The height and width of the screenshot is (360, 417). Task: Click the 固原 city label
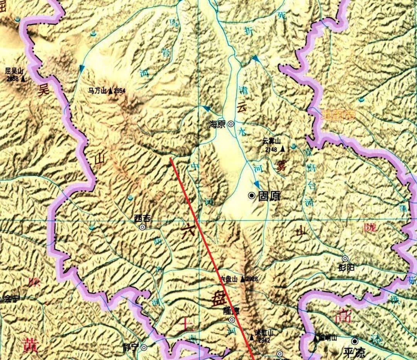[269, 196]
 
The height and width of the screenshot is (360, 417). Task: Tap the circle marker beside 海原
[231, 124]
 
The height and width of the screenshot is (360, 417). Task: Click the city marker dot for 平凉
[354, 341]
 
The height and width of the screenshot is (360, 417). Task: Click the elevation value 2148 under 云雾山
[270, 149]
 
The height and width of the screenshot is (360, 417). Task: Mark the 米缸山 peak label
[264, 333]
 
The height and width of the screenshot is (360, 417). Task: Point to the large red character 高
[344, 316]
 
